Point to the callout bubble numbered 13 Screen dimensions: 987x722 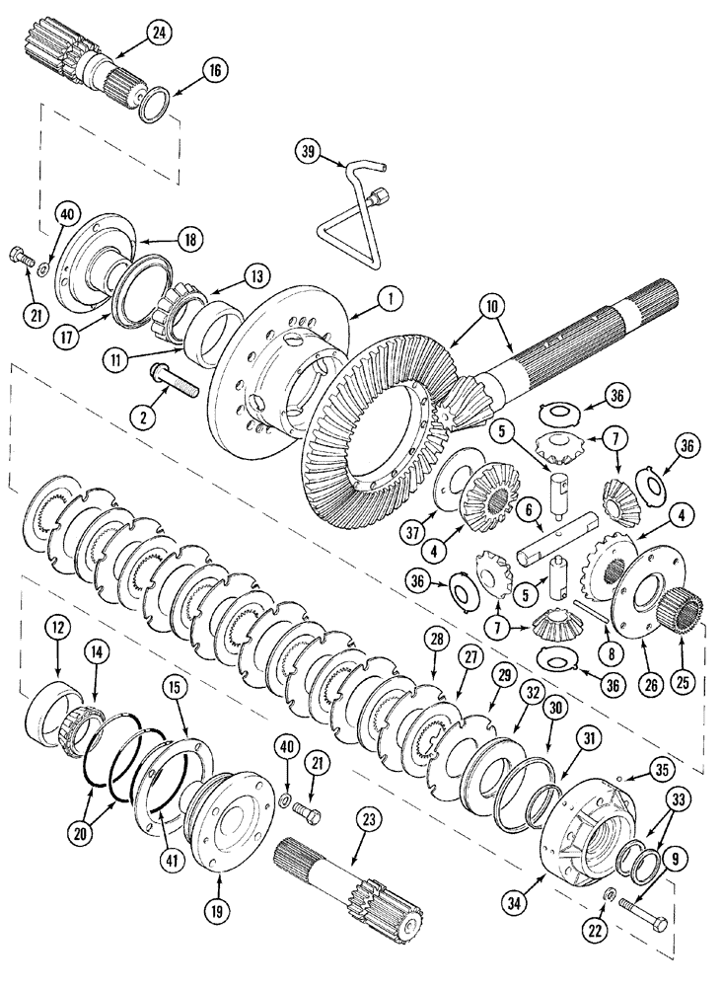click(x=255, y=274)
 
